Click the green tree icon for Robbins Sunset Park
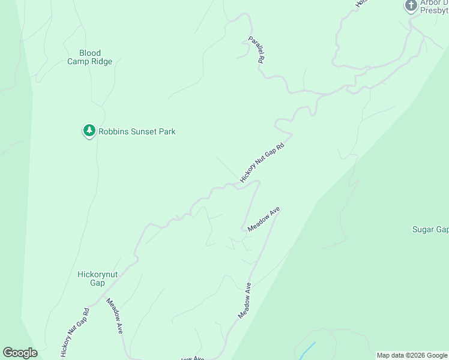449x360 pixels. pyautogui.click(x=89, y=130)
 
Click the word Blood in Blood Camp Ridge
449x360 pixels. pyautogui.click(x=90, y=53)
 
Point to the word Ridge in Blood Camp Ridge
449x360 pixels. pyautogui.click(x=101, y=61)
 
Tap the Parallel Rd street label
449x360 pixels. pyautogui.click(x=257, y=50)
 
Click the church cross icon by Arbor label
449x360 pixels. pyautogui.click(x=411, y=6)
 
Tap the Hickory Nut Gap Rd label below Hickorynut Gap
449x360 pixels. pyautogui.click(x=75, y=333)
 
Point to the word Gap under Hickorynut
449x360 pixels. pyautogui.click(x=97, y=283)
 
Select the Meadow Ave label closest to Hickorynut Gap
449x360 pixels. pyautogui.click(x=115, y=316)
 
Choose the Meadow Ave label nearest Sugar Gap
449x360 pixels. pyautogui.click(x=264, y=219)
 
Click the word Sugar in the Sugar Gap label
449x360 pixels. pyautogui.click(x=423, y=229)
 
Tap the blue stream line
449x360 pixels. pyautogui.click(x=306, y=349)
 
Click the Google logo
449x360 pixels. pyautogui.click(x=20, y=353)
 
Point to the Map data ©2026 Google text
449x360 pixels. pyautogui.click(x=412, y=355)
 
